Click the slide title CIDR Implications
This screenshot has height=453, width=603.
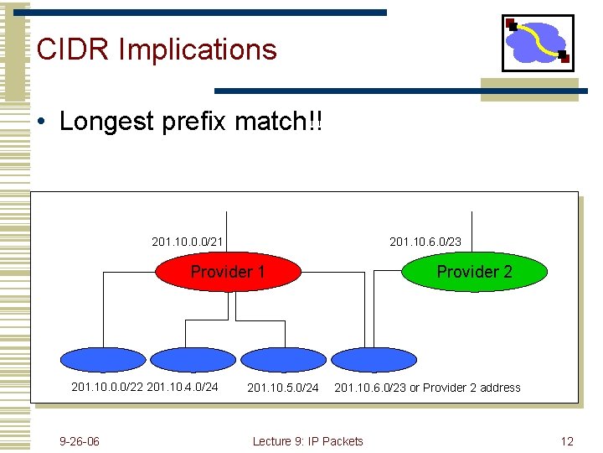pyautogui.click(x=157, y=49)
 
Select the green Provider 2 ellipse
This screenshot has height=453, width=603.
pyautogui.click(x=475, y=271)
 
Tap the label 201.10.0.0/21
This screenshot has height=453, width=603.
pyautogui.click(x=187, y=242)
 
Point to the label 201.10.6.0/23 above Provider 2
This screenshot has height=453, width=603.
pyautogui.click(x=425, y=242)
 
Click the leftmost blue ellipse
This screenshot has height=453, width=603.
pyautogui.click(x=102, y=360)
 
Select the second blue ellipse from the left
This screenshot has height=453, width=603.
pyautogui.click(x=193, y=360)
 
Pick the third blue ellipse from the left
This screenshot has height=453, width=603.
pyautogui.click(x=281, y=360)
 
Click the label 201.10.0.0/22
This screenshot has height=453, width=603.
pyautogui.click(x=107, y=388)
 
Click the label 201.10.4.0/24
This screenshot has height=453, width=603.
pyautogui.click(x=182, y=388)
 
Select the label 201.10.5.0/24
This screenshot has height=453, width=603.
pyautogui.click(x=282, y=388)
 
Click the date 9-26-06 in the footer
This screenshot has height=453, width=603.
pyautogui.click(x=80, y=441)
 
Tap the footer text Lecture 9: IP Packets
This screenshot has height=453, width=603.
pyautogui.click(x=307, y=441)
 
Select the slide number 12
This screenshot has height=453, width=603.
pyautogui.click(x=567, y=441)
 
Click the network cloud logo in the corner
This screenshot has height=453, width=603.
pyautogui.click(x=538, y=43)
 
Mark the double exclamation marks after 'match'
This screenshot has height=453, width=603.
pyautogui.click(x=314, y=122)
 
